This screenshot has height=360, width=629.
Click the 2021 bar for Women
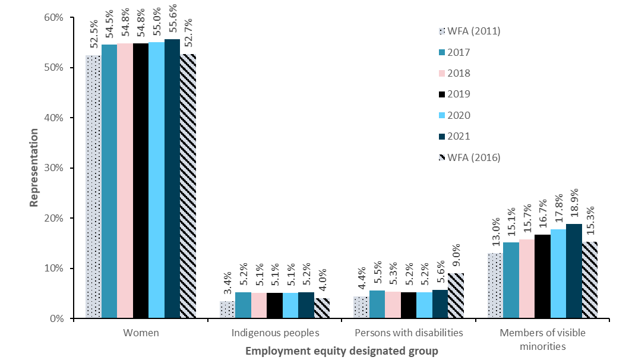pyautogui.click(x=172, y=178)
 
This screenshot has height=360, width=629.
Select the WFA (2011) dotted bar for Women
pyautogui.click(x=93, y=187)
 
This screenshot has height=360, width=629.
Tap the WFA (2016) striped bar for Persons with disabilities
pyautogui.click(x=456, y=296)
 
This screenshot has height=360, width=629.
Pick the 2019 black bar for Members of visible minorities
pyautogui.click(x=542, y=276)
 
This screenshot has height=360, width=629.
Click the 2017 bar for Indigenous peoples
pyautogui.click(x=243, y=305)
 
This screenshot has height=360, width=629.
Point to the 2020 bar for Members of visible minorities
pyautogui.click(x=558, y=274)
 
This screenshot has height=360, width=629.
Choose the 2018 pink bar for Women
pyautogui.click(x=125, y=181)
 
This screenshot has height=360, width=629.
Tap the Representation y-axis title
pyautogui.click(x=34, y=168)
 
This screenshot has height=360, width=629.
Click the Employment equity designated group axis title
pyautogui.click(x=342, y=351)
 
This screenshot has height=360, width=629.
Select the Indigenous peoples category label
pyautogui.click(x=274, y=333)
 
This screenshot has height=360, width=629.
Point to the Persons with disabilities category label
pyautogui.click(x=408, y=333)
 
